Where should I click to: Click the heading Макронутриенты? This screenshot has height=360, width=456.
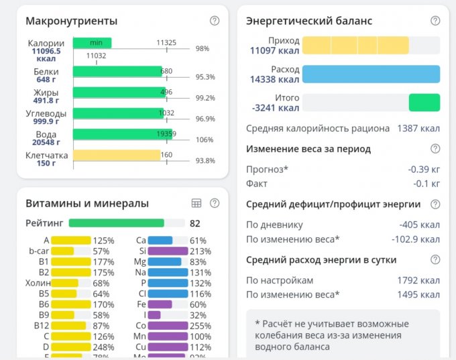coord(71,21)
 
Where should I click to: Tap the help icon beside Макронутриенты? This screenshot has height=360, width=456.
coord(215,21)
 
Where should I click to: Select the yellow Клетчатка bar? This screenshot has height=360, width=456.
coord(117,156)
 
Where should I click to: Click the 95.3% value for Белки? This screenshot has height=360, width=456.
coord(205,77)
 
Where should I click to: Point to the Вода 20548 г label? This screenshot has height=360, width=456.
coord(46,138)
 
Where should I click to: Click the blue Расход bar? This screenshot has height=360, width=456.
coord(371,74)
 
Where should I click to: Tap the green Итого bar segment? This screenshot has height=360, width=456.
coord(424,103)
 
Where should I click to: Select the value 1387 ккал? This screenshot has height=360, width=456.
coord(418,128)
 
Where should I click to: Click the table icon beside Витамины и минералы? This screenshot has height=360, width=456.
coord(196,203)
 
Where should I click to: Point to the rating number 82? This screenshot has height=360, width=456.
coord(195,223)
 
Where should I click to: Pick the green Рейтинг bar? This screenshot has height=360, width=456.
coord(117,223)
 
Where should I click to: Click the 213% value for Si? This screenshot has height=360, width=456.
coord(199,251)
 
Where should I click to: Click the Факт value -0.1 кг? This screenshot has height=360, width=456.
coord(426,183)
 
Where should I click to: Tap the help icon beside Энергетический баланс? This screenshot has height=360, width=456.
coord(435,21)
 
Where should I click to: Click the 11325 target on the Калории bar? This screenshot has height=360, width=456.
coord(166,43)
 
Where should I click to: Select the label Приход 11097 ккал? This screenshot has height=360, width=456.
coord(274,45)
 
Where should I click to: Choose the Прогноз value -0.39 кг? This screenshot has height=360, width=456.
coord(424,169)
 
